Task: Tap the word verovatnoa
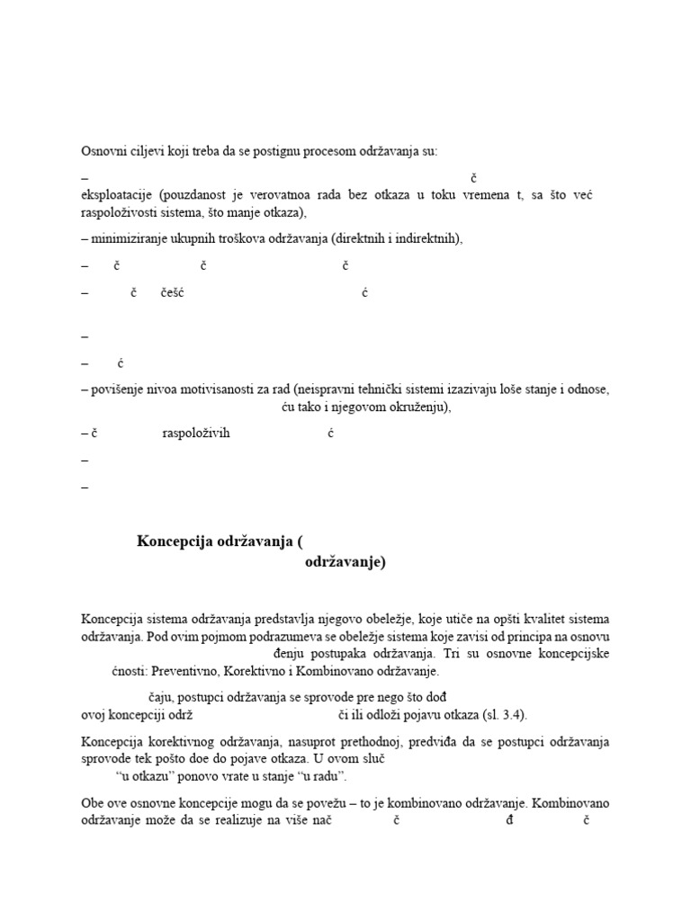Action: click(x=303, y=195)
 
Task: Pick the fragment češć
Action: click(x=172, y=292)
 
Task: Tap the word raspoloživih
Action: click(x=196, y=433)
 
